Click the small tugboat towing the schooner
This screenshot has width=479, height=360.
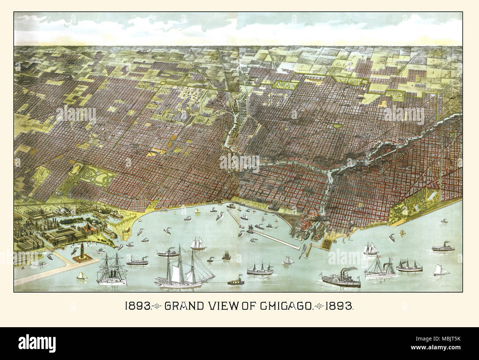234,282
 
